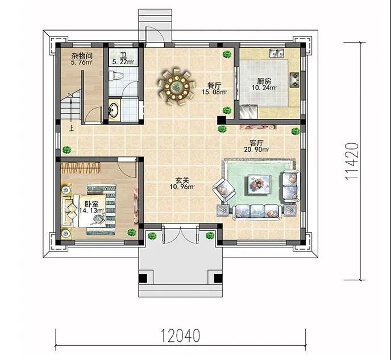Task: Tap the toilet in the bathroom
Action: (x=116, y=76)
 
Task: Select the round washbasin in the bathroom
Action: (x=114, y=110)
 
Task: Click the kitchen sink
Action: (x=277, y=53)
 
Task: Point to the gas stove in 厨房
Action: (x=294, y=80)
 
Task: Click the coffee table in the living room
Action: (x=259, y=184)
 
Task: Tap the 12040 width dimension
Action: (x=180, y=336)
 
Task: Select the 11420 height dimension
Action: (x=352, y=161)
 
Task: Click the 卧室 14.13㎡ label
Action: (x=91, y=208)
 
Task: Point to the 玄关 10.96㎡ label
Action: (x=182, y=183)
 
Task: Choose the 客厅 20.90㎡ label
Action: (x=256, y=146)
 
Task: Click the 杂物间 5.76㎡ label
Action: (x=81, y=59)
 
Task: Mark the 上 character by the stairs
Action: (x=72, y=129)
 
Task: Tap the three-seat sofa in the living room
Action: (x=257, y=212)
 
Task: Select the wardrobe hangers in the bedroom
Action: (x=80, y=168)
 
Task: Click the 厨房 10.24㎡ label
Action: (x=264, y=84)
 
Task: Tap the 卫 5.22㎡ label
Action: (x=123, y=59)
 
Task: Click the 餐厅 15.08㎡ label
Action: (x=214, y=89)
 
